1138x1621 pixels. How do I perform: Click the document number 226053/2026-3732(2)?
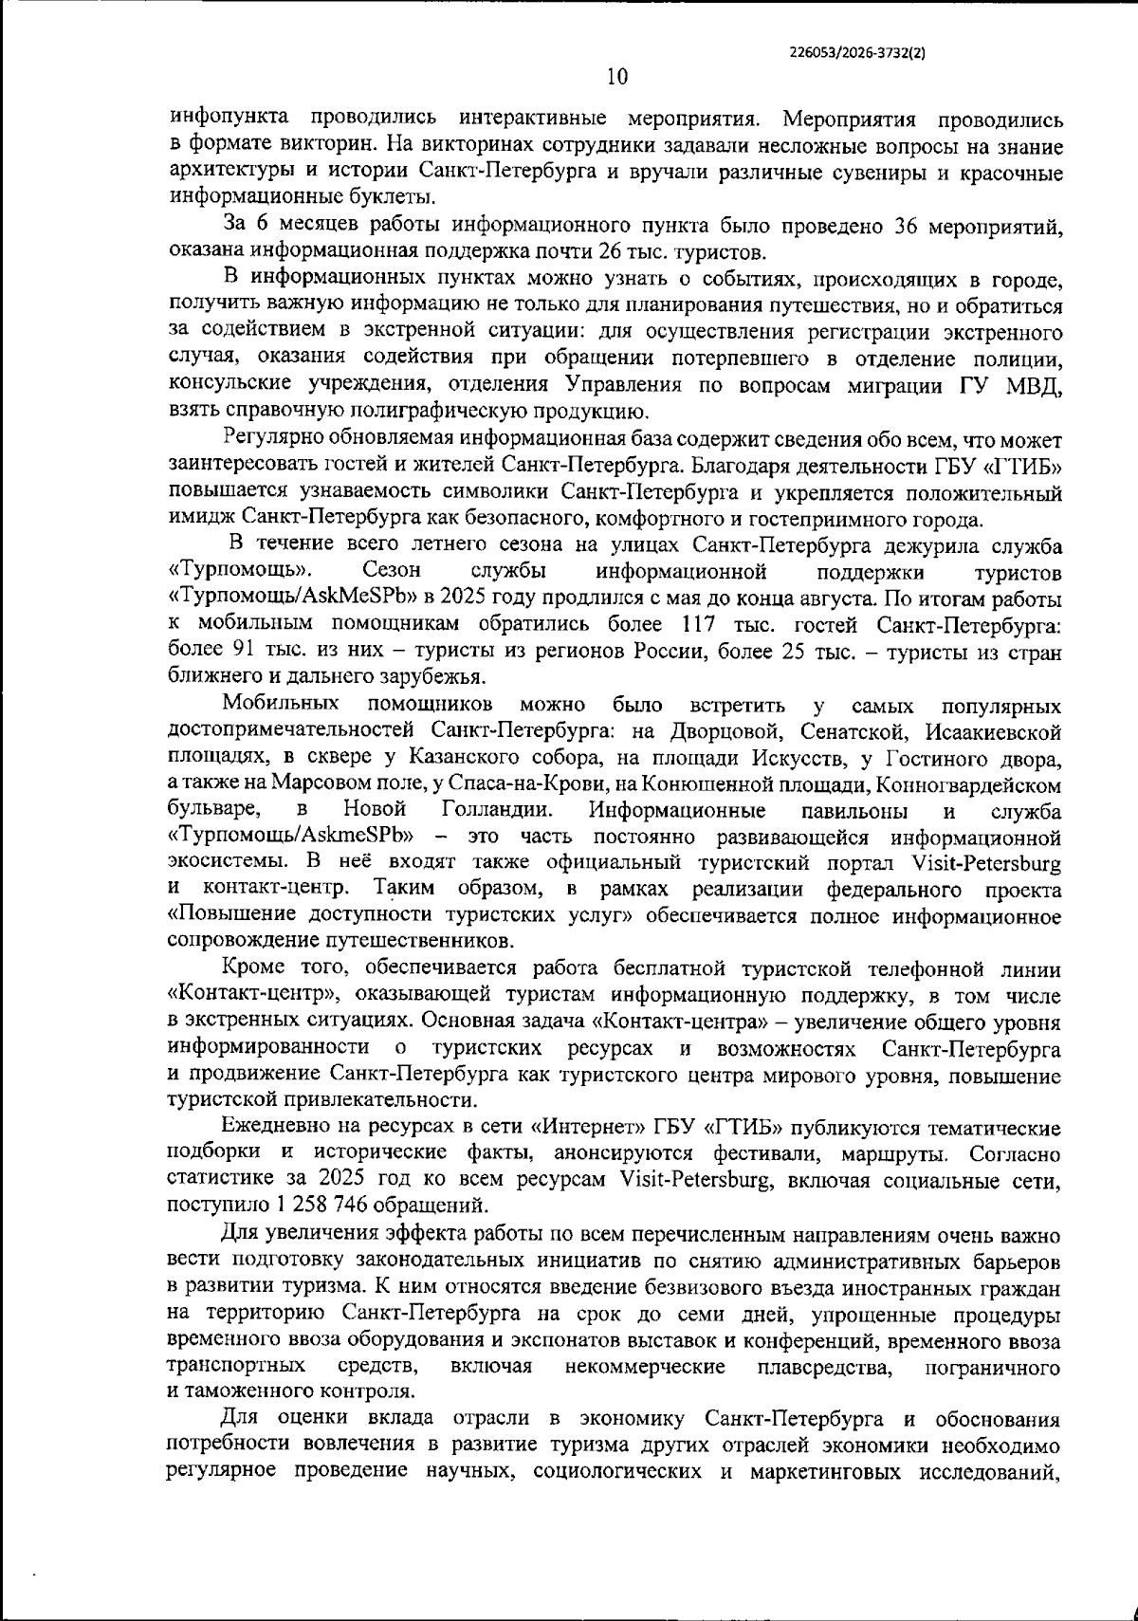[x=856, y=55]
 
